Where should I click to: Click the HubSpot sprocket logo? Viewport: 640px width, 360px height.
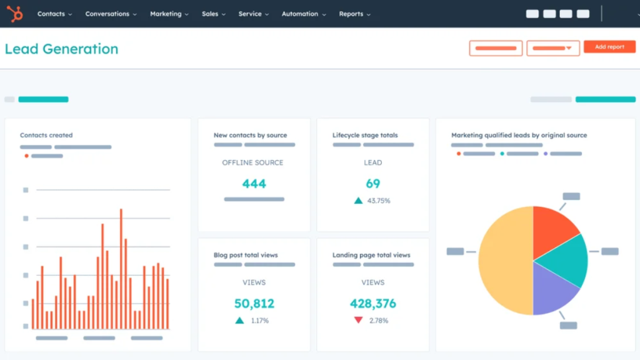15,14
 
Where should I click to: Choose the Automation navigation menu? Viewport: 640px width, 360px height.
303,14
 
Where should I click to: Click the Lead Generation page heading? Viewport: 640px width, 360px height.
61,49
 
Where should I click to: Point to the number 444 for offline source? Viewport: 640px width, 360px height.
254,184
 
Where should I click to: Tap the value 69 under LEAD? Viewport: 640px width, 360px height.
373,184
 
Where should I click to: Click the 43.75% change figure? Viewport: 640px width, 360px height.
379,201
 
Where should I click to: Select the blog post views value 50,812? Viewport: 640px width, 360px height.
254,304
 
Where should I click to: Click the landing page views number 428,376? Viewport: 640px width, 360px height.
373,304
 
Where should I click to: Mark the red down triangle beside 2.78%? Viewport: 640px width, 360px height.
358,320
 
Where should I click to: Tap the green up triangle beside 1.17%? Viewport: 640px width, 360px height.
239,320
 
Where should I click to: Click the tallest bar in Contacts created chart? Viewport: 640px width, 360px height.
121,269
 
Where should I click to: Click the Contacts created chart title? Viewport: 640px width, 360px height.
46,135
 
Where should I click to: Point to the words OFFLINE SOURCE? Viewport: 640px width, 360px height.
252,162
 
